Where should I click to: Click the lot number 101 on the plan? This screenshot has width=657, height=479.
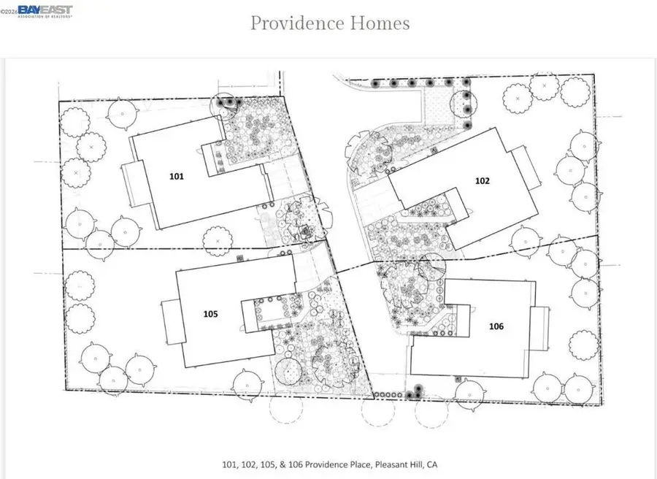pyautogui.click(x=177, y=176)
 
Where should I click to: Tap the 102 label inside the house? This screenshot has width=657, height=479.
pyautogui.click(x=481, y=180)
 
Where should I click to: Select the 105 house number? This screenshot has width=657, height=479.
pyautogui.click(x=211, y=313)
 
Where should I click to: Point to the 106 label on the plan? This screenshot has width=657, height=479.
pyautogui.click(x=496, y=326)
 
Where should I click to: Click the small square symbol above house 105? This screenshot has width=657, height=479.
pyautogui.click(x=239, y=259)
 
